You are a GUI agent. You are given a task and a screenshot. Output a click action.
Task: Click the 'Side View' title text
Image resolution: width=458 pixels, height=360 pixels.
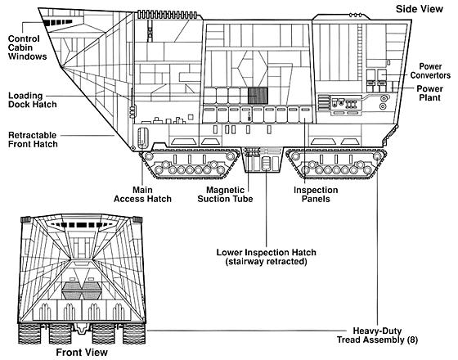click(419, 9)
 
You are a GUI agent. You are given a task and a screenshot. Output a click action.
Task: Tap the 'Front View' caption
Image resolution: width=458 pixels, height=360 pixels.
click(82, 352)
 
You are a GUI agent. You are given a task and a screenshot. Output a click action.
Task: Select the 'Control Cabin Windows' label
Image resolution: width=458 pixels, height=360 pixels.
click(28, 47)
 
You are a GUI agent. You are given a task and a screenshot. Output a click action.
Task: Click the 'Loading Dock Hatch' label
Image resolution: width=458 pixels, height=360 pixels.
click(33, 100)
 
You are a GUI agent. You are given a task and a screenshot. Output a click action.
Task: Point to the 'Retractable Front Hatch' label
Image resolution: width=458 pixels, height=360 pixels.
click(33, 139)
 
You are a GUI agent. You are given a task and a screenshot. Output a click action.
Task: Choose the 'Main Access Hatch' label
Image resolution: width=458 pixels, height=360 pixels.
click(142, 195)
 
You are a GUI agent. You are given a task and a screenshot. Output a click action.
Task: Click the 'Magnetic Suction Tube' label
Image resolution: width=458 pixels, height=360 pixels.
click(225, 195)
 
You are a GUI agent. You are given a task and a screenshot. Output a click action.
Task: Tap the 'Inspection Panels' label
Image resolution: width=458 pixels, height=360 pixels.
click(316, 195)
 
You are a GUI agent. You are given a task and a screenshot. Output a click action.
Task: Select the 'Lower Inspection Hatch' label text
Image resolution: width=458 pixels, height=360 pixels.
click(266, 252)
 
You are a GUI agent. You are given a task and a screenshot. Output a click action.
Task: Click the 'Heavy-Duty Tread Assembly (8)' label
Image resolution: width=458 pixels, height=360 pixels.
click(377, 335)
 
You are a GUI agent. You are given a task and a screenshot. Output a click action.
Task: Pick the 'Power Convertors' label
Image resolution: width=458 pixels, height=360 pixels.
click(430, 70)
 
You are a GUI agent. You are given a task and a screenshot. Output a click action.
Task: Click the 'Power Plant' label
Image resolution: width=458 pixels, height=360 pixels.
click(429, 93)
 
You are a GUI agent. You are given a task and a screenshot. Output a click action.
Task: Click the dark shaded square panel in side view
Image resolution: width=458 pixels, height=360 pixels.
click(258, 96)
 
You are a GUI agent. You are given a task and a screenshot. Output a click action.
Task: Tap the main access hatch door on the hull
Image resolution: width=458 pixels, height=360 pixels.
click(143, 137)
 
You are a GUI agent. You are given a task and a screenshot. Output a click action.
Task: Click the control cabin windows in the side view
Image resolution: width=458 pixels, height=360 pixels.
click(58, 23)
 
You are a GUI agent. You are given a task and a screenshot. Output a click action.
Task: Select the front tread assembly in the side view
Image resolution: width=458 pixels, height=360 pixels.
click(189, 164)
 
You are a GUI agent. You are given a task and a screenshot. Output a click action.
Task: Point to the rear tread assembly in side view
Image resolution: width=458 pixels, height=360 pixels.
click(336, 164)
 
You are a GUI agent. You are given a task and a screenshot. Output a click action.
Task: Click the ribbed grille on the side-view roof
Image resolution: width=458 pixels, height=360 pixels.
click(167, 15)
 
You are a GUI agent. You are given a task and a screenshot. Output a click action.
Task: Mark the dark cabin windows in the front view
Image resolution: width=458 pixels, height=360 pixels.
click(82, 225)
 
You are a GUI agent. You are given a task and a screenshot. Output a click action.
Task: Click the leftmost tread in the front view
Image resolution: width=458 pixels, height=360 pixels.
click(29, 334)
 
